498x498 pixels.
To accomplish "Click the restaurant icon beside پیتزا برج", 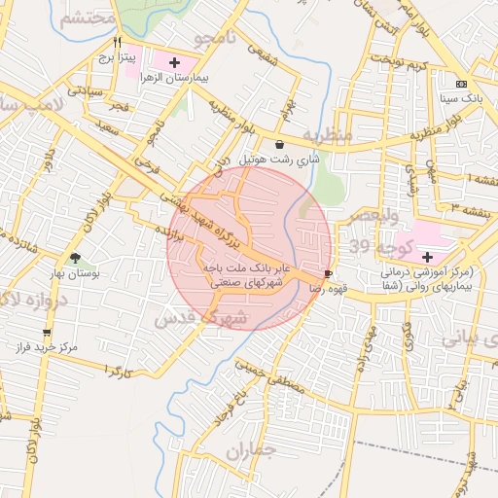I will point(118,43).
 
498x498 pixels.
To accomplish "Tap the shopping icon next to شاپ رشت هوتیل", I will point(280,145).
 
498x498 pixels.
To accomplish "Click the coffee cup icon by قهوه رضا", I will point(328,274).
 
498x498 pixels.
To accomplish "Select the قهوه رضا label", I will point(328,289).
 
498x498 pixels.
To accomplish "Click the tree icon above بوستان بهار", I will point(76,259).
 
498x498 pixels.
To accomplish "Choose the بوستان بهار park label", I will point(76,274).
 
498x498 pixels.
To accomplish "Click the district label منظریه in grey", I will point(326,134).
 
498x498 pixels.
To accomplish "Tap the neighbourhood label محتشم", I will point(88,18).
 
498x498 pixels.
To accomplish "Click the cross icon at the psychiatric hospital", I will point(428,256).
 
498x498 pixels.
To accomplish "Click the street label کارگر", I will point(115,373).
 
